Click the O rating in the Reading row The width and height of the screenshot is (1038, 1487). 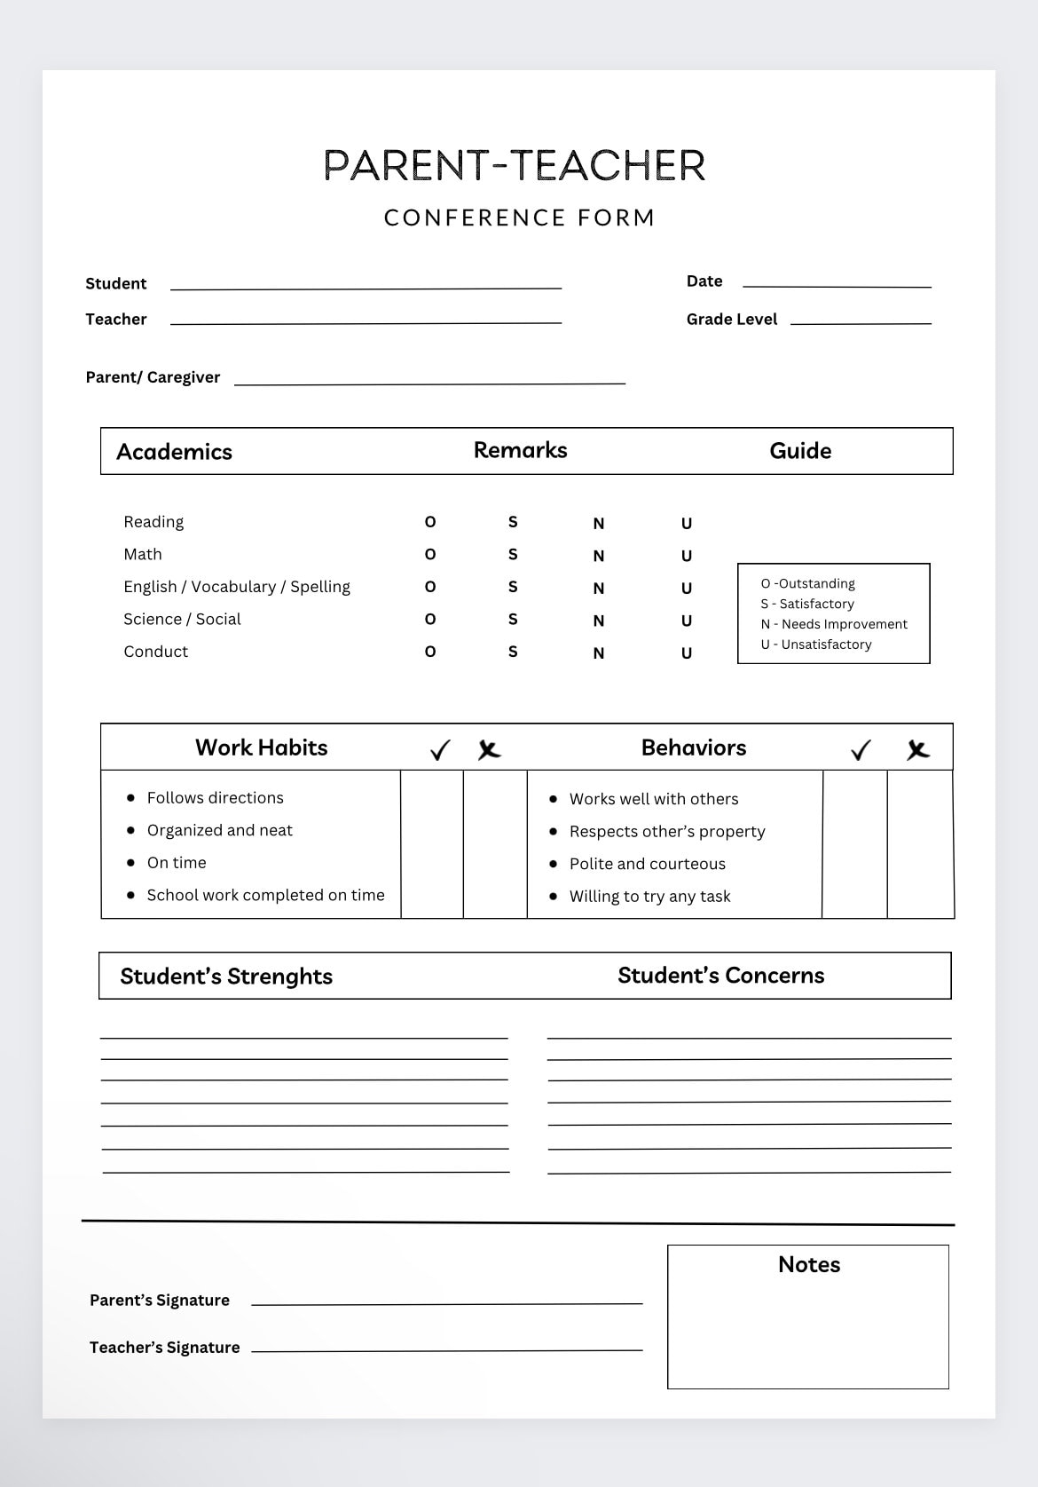pyautogui.click(x=430, y=522)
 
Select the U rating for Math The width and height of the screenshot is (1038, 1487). pyautogui.click(x=687, y=556)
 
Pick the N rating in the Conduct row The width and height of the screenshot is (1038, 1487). pyautogui.click(x=599, y=653)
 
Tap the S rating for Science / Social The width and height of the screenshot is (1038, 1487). pyautogui.click(x=513, y=620)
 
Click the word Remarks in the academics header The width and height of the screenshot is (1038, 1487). pyautogui.click(x=520, y=450)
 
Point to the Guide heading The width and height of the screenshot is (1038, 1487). pyautogui.click(x=800, y=451)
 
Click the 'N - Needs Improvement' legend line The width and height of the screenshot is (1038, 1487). pyautogui.click(x=834, y=624)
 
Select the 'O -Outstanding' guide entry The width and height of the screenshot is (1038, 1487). pyautogui.click(x=807, y=583)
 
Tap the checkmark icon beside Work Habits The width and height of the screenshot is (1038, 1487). pyautogui.click(x=440, y=750)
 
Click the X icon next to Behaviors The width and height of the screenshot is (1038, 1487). pyautogui.click(x=918, y=750)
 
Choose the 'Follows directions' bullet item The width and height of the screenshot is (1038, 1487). pyautogui.click(x=215, y=798)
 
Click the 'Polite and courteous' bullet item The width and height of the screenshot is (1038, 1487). pyautogui.click(x=647, y=864)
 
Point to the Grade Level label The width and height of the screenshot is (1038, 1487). pyautogui.click(x=731, y=319)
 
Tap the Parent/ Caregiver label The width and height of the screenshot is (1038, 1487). pyautogui.click(x=153, y=377)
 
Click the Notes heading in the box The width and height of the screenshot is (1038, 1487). pyautogui.click(x=808, y=1264)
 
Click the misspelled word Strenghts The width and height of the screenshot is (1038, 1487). pyautogui.click(x=279, y=977)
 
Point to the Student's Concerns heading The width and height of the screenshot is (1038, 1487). pyautogui.click(x=720, y=976)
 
